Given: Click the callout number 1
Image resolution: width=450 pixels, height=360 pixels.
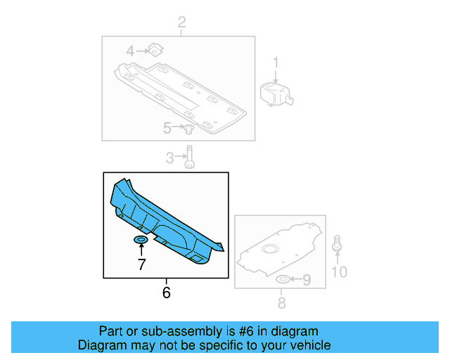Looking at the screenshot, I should point(276,63).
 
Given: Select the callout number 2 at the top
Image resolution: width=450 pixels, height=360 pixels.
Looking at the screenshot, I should point(181,24).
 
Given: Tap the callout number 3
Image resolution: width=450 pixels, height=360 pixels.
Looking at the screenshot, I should point(169,158).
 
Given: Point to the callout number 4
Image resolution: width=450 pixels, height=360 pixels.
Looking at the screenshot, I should point(130,51).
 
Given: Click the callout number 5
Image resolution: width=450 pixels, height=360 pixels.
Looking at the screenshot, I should point(167,128).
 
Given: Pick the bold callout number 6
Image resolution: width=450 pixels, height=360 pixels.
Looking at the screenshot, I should point(166,292).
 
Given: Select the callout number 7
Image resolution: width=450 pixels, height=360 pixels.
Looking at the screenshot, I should point(141,264).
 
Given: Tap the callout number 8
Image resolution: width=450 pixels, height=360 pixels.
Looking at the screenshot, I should point(281,303).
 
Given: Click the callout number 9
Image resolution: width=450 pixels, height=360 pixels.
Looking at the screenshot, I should point(306,281).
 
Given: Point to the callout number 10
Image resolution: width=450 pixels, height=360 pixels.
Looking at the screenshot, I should point(339,271).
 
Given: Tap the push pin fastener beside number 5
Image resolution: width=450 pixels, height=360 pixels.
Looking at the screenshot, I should point(188,129).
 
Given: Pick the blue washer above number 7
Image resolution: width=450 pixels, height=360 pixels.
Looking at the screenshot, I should point(141,241).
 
